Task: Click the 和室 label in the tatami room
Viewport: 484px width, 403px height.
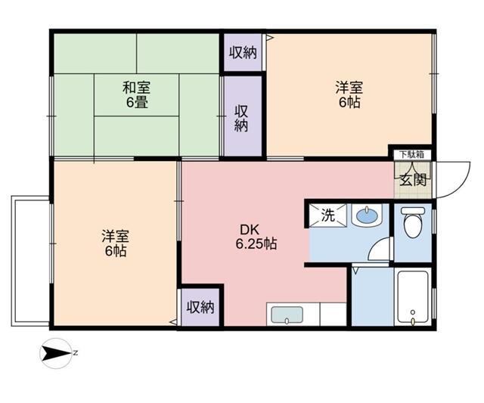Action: pos(136,87)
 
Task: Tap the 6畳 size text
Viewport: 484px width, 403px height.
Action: pos(136,101)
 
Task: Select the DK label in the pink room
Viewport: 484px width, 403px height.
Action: pos(250,229)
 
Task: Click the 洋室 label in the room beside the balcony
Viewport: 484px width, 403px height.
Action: pos(115,236)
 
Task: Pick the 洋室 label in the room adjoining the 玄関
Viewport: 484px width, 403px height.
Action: pos(349,87)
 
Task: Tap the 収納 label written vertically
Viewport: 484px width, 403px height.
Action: pos(241,117)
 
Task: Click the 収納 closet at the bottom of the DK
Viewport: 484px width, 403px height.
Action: pos(200,307)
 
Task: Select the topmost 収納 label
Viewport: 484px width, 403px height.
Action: pos(243,52)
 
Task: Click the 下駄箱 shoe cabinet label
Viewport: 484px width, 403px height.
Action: pos(411,154)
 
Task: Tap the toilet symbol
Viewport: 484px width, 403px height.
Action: pos(412,223)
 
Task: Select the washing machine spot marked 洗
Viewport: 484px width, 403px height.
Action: pos(327,214)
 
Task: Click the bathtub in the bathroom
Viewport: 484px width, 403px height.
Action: pos(413,297)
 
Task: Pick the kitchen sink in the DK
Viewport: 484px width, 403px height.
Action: pos(286,315)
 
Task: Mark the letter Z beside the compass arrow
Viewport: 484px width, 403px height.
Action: pos(76,352)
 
